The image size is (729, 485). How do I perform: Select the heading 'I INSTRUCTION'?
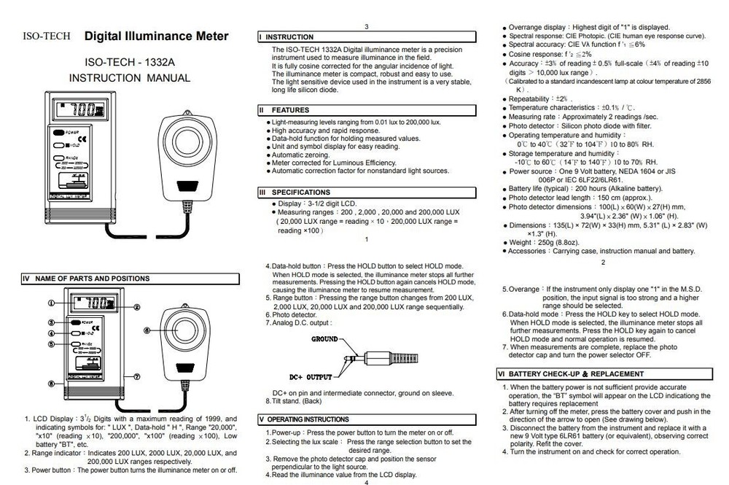(x=289, y=36)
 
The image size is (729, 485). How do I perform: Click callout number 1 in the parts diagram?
(x=52, y=302)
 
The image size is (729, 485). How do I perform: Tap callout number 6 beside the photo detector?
(x=147, y=330)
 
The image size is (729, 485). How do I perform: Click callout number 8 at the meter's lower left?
(x=52, y=383)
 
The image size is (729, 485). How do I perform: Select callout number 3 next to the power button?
(x=52, y=322)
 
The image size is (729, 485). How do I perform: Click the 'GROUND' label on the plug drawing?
(x=324, y=339)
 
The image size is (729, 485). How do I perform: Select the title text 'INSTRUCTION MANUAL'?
(x=130, y=78)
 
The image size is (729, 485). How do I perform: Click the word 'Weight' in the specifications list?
(x=521, y=242)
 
